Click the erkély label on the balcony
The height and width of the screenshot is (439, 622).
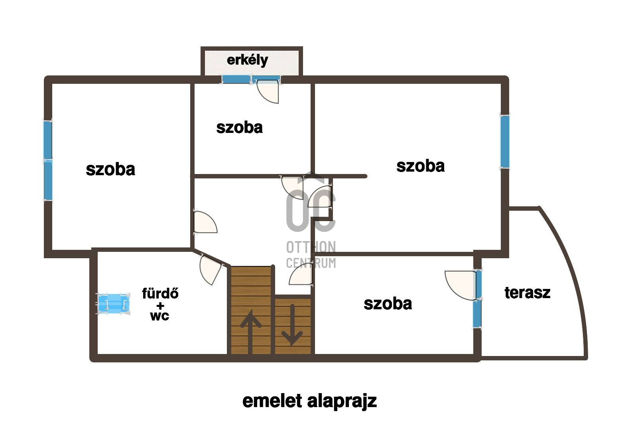(248, 60)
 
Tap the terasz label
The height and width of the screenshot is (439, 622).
(528, 293)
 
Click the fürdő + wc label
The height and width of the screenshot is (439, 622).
(160, 305)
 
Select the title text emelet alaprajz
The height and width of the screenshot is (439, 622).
(309, 401)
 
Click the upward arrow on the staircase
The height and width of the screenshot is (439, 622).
(250, 331)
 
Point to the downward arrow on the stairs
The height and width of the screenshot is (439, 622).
(292, 324)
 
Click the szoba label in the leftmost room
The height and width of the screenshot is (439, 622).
(110, 169)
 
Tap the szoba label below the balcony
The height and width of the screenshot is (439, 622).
(239, 128)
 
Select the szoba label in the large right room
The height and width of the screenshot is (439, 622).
(420, 166)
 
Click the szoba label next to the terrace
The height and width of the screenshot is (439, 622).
(388, 304)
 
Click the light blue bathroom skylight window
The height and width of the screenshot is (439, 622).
(114, 303)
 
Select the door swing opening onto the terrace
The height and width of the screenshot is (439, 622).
(461, 285)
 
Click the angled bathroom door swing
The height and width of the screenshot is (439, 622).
(211, 270)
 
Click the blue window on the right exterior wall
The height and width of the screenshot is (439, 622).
(505, 141)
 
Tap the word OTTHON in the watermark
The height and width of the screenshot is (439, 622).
(311, 247)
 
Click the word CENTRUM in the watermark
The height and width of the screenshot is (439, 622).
(311, 263)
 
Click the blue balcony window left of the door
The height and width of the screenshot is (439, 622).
(236, 79)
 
